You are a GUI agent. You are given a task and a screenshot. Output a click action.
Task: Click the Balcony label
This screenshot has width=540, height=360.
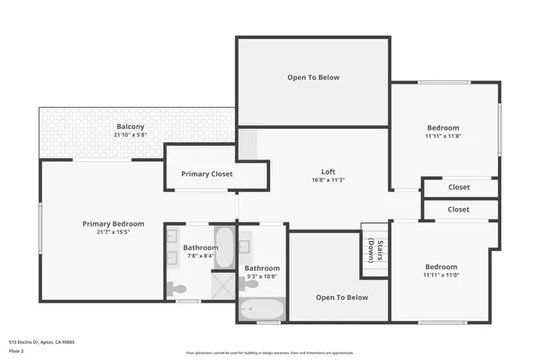[129, 127]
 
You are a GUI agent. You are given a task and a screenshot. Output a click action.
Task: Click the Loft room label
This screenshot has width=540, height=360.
[328, 171]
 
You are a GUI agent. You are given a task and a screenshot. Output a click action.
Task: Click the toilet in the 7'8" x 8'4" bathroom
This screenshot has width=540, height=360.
[177, 289]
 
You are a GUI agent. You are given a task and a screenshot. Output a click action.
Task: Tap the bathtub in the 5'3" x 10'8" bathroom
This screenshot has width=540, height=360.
[262, 310]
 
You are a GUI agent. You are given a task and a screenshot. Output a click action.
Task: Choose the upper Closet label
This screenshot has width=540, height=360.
[459, 187]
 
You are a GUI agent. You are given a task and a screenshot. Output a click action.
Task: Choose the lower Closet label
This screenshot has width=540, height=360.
[459, 209]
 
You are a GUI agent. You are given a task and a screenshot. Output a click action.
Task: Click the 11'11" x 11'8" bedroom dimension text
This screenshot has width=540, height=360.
[442, 136]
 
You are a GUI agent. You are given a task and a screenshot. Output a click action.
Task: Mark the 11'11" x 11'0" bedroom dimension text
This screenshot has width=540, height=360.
[442, 275]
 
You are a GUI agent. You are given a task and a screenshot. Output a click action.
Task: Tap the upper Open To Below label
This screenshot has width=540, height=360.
[313, 77]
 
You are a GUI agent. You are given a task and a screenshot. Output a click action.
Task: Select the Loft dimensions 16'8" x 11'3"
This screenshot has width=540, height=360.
[328, 180]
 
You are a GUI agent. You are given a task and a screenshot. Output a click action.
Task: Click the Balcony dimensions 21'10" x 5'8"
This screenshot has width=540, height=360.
[129, 135]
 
